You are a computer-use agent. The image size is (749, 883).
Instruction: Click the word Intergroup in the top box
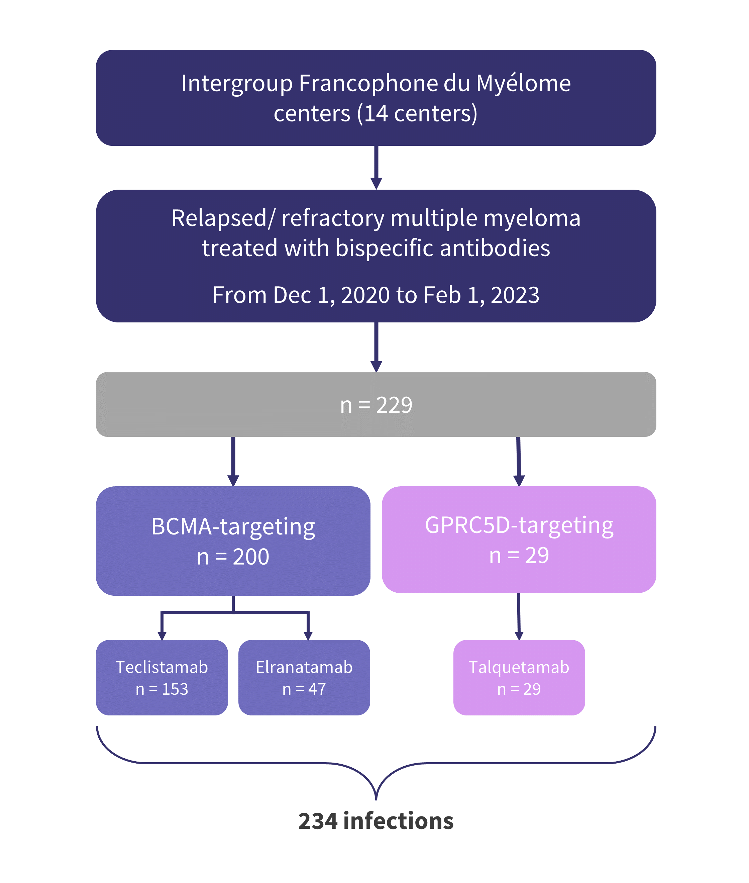coord(236,84)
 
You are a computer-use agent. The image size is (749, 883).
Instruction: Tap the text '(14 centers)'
coord(417,114)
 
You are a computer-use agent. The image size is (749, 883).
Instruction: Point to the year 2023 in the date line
coord(515,295)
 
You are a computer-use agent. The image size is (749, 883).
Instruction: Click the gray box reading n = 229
coord(376,404)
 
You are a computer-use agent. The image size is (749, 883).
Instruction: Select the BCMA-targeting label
coord(233,527)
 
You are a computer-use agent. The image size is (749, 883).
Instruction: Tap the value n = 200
coord(233,557)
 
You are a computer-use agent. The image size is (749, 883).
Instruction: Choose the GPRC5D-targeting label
coord(519,526)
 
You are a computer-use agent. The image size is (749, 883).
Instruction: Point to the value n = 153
coord(162,689)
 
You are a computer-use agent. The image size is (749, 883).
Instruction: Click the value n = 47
coord(304,689)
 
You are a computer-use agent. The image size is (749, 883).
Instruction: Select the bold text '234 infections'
coord(376,821)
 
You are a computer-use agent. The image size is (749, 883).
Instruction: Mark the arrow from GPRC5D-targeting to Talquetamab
coord(519,616)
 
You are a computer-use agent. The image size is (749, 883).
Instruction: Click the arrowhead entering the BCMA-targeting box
coord(233,481)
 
